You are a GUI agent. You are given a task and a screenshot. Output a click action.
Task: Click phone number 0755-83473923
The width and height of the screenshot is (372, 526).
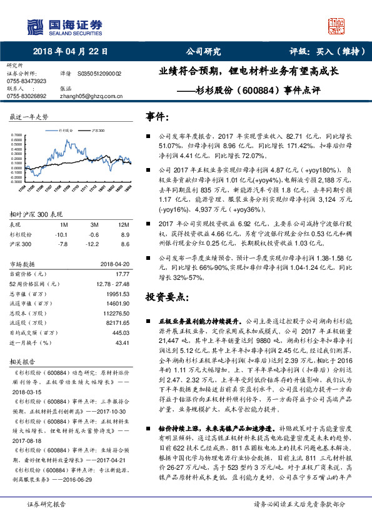click(x=26, y=81)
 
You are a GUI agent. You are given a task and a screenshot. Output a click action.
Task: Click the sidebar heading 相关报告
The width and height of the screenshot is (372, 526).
click(x=24, y=361)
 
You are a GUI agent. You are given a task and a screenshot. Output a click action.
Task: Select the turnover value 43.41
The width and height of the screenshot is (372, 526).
click(x=123, y=343)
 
